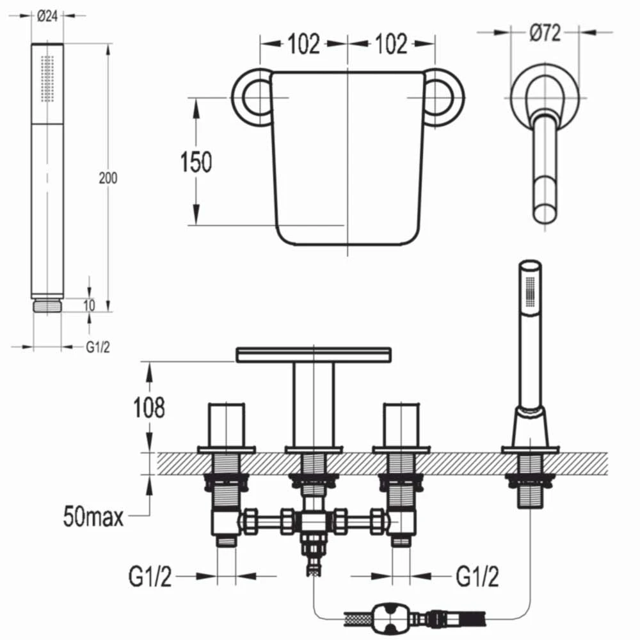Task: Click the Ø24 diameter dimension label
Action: point(48,17)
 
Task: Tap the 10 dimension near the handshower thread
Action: point(89,305)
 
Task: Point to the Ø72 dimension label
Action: point(545,32)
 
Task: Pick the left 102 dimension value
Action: point(303,44)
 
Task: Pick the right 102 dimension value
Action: point(390,44)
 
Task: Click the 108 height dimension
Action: point(148,407)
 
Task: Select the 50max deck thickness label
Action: point(93,516)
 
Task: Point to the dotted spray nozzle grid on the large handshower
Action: point(47,77)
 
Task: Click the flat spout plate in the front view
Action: point(313,354)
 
